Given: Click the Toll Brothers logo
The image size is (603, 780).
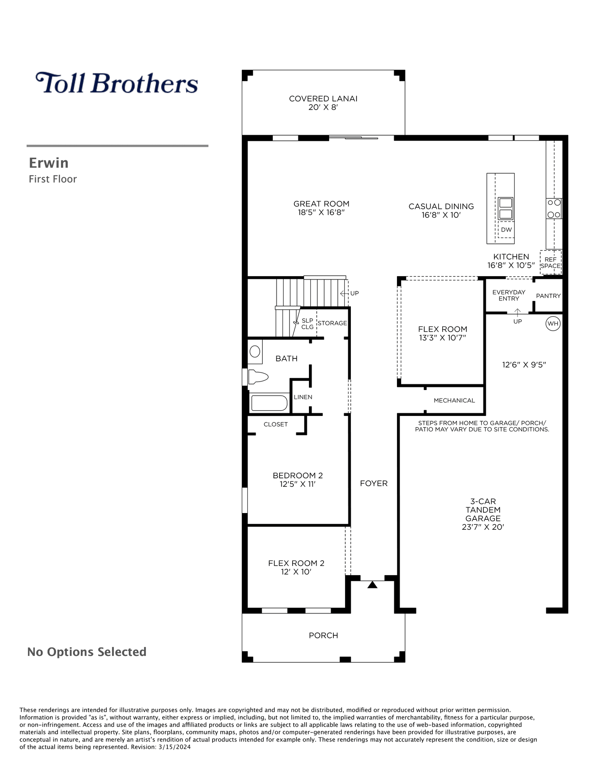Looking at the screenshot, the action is [x=117, y=83].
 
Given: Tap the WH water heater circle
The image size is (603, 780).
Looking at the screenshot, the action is [x=553, y=324].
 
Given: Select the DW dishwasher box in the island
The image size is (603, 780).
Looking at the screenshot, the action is [x=506, y=230].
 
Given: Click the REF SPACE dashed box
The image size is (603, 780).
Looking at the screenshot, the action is [x=550, y=262].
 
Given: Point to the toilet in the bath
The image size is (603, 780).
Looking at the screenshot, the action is [x=258, y=377].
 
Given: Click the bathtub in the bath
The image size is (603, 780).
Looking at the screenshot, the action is [x=269, y=403].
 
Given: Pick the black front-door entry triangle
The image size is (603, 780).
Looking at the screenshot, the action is [x=372, y=585].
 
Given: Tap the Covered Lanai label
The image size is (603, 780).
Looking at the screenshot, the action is [x=323, y=99].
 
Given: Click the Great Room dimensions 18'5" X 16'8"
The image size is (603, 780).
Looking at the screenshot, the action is [x=321, y=213].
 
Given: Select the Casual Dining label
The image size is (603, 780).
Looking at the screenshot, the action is [x=441, y=206].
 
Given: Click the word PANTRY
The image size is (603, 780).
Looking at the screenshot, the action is [x=548, y=296].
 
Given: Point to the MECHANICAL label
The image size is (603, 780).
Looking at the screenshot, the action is [x=454, y=401].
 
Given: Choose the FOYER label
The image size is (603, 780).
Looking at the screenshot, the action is [x=374, y=483].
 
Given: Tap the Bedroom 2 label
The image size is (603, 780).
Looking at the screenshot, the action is [x=298, y=476].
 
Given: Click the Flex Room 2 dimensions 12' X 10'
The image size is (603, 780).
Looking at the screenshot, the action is [x=296, y=572].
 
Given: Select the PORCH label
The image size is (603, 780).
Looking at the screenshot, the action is [x=323, y=636].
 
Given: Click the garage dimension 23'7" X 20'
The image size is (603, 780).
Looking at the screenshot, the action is [x=483, y=527].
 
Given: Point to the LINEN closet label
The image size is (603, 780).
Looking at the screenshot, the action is [x=303, y=397].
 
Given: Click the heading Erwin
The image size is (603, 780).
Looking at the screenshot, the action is [x=49, y=163].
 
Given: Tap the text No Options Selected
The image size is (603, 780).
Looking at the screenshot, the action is [x=87, y=652].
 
